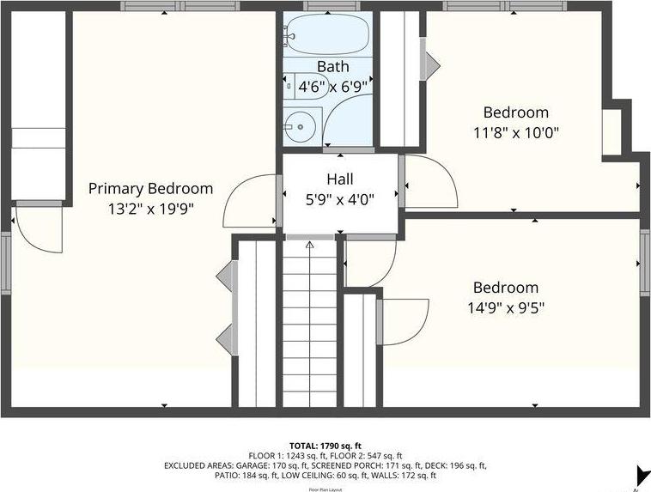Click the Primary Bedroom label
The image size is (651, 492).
[x=150, y=189]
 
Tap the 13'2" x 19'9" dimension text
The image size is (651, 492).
[x=150, y=208]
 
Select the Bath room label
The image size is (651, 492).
[x=332, y=67]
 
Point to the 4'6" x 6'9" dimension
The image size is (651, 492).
[x=332, y=86]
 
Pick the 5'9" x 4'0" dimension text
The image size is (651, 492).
[x=339, y=198]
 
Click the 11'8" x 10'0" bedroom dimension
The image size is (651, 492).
[x=515, y=132]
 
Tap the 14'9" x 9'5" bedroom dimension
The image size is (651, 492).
[x=506, y=307]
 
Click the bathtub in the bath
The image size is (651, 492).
[x=327, y=35]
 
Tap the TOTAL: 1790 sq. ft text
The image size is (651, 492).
[x=325, y=446]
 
